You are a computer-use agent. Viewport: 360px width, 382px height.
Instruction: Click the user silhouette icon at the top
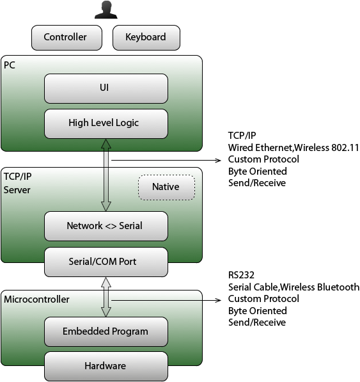click(x=106, y=10)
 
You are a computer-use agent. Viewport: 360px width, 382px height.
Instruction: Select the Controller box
click(x=67, y=38)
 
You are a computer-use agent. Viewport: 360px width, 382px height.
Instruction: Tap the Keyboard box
click(x=146, y=38)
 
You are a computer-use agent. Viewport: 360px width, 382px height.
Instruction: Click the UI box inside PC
click(x=106, y=88)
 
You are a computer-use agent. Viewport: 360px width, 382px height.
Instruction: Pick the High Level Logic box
click(x=106, y=123)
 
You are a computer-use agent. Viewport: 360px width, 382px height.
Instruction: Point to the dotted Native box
click(x=166, y=187)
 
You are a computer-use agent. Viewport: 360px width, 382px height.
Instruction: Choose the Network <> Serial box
click(x=106, y=226)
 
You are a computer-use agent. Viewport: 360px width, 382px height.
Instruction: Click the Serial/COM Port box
click(x=106, y=262)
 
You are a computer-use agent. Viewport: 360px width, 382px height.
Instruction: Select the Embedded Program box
click(x=106, y=331)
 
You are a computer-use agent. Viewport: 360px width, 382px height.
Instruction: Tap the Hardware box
click(x=106, y=366)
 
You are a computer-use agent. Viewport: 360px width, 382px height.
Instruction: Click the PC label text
click(x=10, y=65)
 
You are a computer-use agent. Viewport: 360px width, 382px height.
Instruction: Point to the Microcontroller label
click(x=36, y=299)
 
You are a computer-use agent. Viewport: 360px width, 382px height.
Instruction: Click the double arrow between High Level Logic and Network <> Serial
click(x=106, y=175)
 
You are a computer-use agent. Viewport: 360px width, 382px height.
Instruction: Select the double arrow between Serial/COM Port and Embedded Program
click(x=106, y=297)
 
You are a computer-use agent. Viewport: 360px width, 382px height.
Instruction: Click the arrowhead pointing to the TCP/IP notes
click(x=218, y=161)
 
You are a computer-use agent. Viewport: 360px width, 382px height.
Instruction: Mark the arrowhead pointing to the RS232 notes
click(x=218, y=300)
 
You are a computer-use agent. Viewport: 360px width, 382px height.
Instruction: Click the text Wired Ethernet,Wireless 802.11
click(x=293, y=148)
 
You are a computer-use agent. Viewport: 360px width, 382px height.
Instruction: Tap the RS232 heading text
click(x=241, y=275)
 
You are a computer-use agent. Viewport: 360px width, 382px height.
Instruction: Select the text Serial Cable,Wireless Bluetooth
click(x=293, y=287)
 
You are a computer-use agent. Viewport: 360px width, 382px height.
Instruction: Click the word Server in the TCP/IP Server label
click(x=17, y=190)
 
